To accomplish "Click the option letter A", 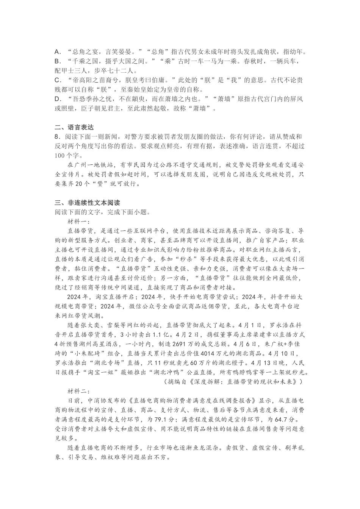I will (x=58, y=52).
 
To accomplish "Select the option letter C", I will (x=58, y=80).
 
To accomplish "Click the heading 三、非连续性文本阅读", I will (x=87, y=203).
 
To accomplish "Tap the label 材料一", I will (x=78, y=222).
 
